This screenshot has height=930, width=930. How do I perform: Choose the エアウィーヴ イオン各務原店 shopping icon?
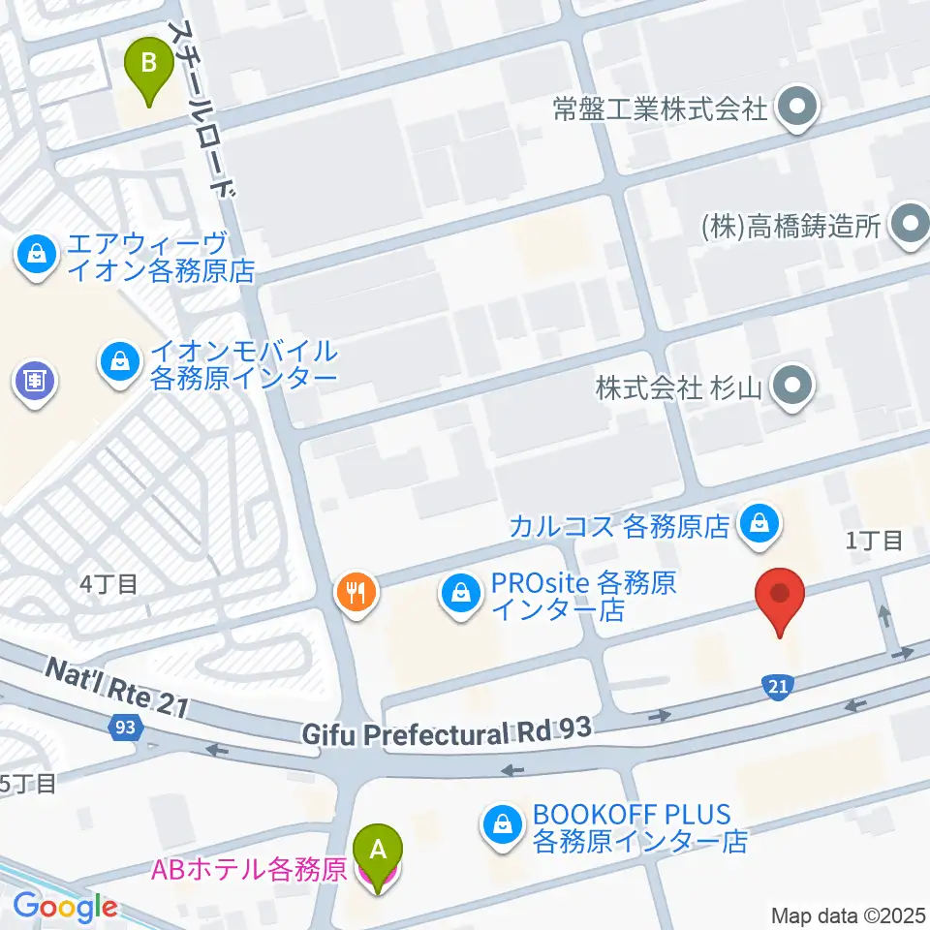[36, 256]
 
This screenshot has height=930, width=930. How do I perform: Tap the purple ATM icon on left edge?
[34, 380]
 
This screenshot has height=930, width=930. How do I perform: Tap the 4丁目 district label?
[108, 584]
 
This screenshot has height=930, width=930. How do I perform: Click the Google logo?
[65, 907]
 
